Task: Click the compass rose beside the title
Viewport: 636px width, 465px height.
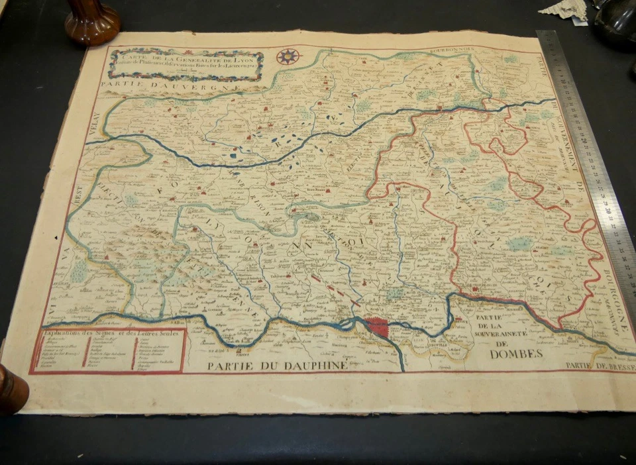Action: coord(288,56)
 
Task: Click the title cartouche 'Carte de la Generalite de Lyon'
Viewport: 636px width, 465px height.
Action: coord(186,65)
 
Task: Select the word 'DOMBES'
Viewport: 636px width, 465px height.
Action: coord(516,353)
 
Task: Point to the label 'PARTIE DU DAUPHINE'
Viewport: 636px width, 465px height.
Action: coord(276,366)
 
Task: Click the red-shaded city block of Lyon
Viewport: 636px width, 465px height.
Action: coord(377,327)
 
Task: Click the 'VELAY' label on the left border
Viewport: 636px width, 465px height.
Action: coord(91,125)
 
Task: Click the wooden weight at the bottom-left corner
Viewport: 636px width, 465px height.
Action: coord(12,387)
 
